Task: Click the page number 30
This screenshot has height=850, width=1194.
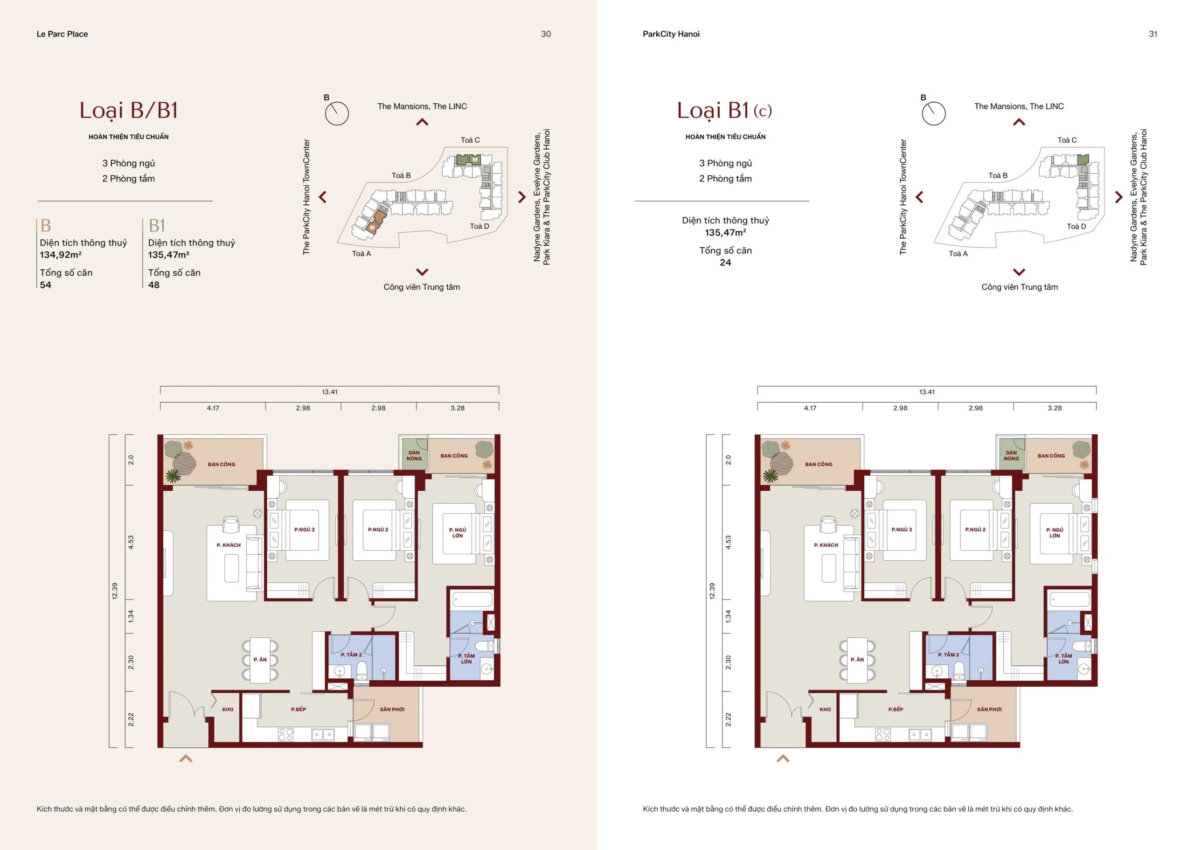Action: point(546,34)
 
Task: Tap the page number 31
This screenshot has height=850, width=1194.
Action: point(1152,34)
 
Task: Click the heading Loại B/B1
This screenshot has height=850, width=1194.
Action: point(129,111)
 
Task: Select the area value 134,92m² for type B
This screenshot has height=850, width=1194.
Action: point(61,255)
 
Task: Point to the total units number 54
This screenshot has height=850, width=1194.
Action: point(46,285)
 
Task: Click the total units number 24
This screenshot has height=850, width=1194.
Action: point(725,263)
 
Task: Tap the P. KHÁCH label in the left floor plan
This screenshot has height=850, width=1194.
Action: point(229,545)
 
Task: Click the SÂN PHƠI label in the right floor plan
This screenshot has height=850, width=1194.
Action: point(989,709)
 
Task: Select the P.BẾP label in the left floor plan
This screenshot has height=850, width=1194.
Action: point(298,709)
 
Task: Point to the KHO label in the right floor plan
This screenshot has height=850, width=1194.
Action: point(825,709)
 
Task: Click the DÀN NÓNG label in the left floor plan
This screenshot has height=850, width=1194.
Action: point(414,455)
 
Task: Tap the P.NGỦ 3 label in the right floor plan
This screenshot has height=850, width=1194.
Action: point(902,529)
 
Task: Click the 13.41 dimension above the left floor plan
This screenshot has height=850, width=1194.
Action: point(330,391)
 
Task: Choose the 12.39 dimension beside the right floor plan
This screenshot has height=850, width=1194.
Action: point(712,591)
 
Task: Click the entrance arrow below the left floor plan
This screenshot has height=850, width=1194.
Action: point(186,758)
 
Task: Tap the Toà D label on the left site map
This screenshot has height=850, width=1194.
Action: point(479,226)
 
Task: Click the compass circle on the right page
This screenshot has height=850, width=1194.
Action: point(933,113)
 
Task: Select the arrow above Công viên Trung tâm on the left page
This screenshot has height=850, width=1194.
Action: point(422,272)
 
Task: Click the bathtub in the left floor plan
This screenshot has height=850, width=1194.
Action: point(472,599)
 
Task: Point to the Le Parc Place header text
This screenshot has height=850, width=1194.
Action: point(62,34)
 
